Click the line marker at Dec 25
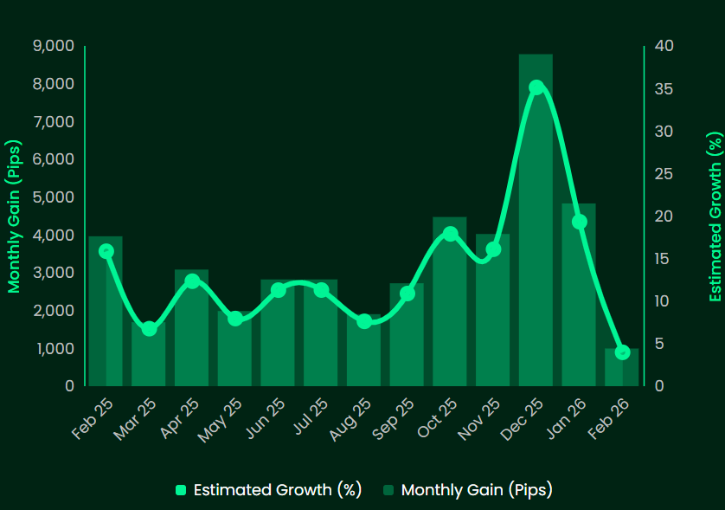point(536,87)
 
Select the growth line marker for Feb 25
point(106,251)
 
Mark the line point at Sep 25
point(407,294)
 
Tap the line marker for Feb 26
point(622,352)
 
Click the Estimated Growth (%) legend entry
point(267,489)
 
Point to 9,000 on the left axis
point(53,46)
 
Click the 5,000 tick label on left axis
point(54,197)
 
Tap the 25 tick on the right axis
point(662,174)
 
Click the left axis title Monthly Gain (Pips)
point(14,216)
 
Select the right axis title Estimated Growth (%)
point(715,216)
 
